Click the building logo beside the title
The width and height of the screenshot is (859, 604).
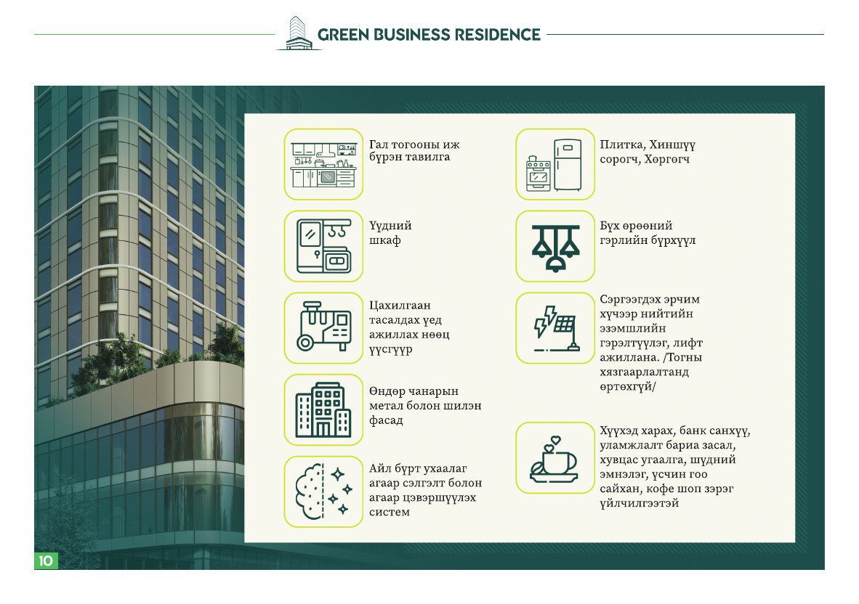coord(298,33)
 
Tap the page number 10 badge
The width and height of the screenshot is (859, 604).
coord(46,560)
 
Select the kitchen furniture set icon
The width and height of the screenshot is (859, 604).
coord(324,164)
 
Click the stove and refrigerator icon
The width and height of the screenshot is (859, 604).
coord(555,164)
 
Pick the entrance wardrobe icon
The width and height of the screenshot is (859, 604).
coord(324,246)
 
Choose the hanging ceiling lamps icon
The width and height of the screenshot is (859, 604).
coord(555,246)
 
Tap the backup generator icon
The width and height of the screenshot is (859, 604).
coord(324,327)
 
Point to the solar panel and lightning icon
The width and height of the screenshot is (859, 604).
coord(555,327)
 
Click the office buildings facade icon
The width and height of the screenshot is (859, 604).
coord(324,409)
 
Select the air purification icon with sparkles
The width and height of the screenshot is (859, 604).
coord(324,492)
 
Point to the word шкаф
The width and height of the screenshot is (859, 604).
coord(385,241)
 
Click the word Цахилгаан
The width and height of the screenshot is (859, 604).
coord(400,306)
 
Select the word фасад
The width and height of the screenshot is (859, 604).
coord(386,421)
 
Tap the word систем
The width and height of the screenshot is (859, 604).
coord(390,513)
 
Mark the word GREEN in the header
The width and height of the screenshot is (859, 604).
coord(344,35)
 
